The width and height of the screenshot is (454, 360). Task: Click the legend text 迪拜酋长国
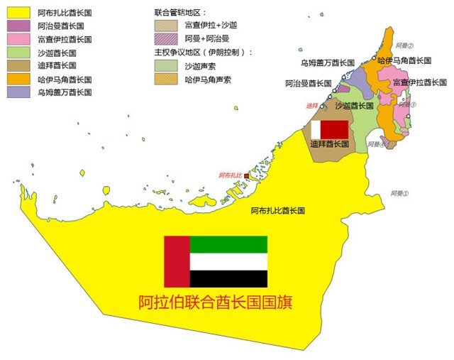tap(57, 65)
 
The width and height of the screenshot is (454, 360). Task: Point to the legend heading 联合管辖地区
tap(180, 13)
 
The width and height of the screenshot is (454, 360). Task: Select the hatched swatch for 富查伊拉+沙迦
tap(167, 25)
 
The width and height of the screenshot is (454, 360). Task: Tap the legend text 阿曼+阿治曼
tap(206, 38)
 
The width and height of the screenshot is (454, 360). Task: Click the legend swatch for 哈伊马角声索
tap(167, 78)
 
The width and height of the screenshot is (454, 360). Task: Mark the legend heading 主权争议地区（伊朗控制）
tap(204, 52)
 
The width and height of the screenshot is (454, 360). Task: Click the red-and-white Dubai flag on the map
tap(330, 129)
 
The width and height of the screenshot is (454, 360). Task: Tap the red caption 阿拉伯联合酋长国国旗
tap(216, 302)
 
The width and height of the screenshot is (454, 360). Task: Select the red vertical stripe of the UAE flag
tap(177, 262)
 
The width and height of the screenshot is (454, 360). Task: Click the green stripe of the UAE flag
tap(228, 244)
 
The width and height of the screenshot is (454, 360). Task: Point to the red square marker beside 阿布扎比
tap(247, 175)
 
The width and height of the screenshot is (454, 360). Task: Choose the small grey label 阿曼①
tap(399, 193)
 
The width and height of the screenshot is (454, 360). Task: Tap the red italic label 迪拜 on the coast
tap(312, 106)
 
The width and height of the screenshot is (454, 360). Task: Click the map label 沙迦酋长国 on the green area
tap(354, 106)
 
